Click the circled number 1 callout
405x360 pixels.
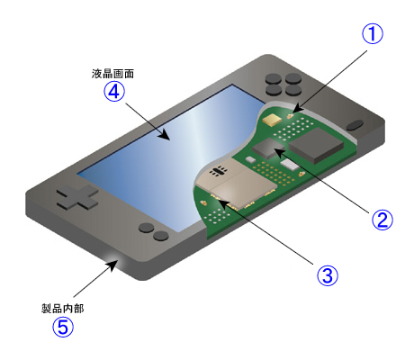pos(373,34)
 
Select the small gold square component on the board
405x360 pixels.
pos(270,118)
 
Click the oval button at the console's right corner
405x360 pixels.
pos(355,124)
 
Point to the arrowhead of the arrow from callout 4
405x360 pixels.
pos(170,139)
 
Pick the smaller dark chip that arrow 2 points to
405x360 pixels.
pos(267,147)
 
